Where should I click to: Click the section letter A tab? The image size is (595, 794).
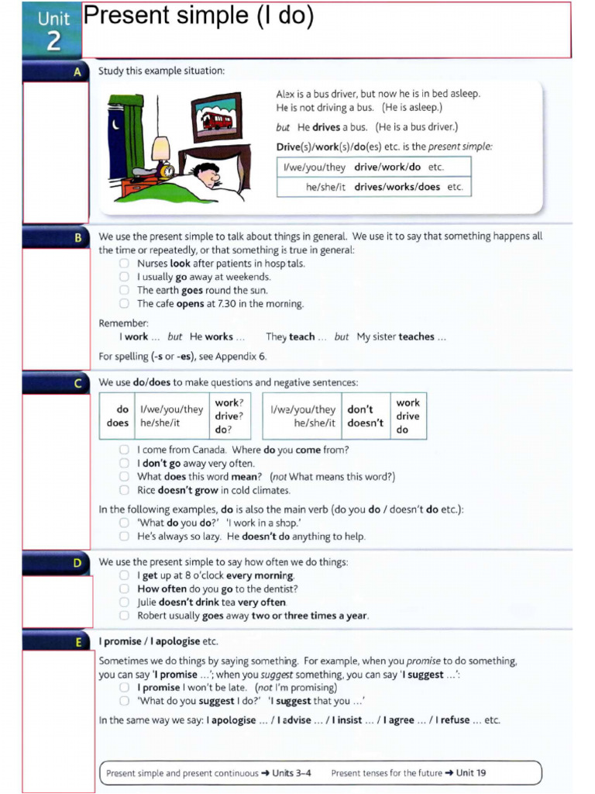(x=77, y=71)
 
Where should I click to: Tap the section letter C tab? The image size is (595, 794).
(x=77, y=382)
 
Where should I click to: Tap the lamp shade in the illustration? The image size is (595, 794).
(x=160, y=147)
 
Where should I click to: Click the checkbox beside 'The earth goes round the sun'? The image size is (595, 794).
(x=124, y=290)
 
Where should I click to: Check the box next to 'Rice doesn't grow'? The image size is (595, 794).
(x=124, y=490)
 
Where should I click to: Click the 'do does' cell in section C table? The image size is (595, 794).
(x=118, y=416)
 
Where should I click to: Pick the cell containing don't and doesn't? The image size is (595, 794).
(x=365, y=416)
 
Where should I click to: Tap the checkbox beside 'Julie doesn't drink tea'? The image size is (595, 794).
(x=124, y=602)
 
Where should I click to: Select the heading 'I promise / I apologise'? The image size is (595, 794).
(x=158, y=641)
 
